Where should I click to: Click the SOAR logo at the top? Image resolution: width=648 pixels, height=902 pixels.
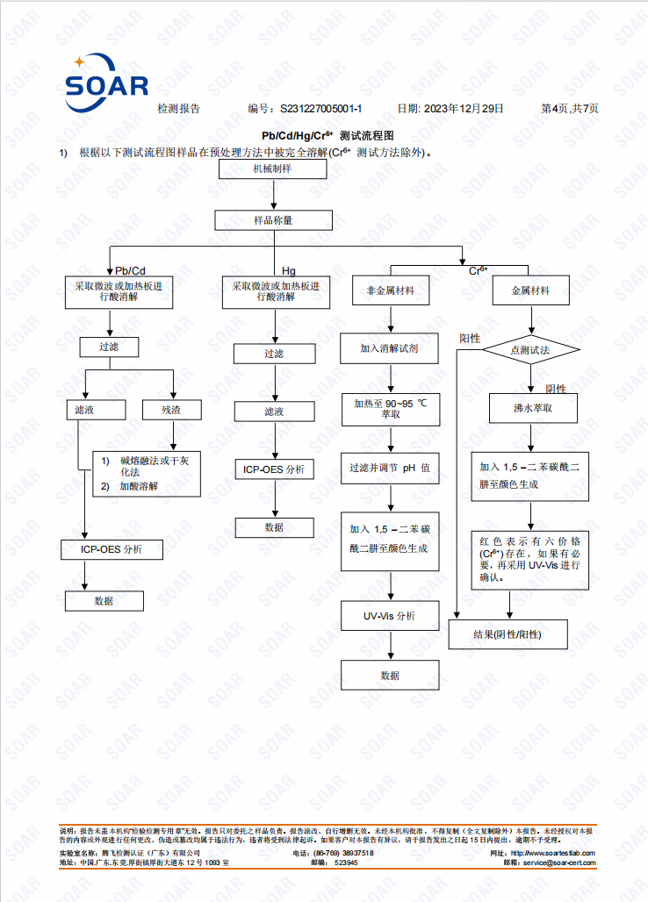click(x=106, y=83)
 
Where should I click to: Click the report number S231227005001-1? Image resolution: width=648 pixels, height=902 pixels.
click(x=320, y=109)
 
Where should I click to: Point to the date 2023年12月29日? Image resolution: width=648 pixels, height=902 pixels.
click(x=464, y=109)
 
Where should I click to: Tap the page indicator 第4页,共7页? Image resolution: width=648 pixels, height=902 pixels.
click(x=570, y=109)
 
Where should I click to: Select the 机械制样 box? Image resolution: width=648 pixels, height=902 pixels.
click(x=273, y=169)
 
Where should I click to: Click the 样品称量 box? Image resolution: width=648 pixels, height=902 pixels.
click(x=273, y=220)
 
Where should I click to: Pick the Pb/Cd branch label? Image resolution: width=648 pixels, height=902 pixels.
click(x=130, y=270)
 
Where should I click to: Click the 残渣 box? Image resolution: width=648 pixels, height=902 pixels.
click(x=171, y=410)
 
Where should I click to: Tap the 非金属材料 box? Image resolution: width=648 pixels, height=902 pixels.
click(x=391, y=290)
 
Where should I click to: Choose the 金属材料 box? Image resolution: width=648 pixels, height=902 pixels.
click(x=530, y=290)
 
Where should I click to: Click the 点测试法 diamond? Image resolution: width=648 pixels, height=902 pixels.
click(x=530, y=350)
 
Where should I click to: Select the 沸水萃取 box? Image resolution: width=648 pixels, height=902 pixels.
click(x=533, y=408)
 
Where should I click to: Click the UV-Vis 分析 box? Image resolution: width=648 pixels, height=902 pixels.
click(x=390, y=616)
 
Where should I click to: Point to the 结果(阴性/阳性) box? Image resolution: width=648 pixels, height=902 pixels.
click(x=508, y=634)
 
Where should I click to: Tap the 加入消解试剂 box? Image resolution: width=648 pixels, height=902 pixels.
click(x=389, y=348)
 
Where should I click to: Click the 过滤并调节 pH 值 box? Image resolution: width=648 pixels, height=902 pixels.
click(x=390, y=469)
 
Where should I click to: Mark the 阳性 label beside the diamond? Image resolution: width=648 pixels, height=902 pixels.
click(x=470, y=339)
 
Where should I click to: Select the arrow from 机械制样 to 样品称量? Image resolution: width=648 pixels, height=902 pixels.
click(x=274, y=195)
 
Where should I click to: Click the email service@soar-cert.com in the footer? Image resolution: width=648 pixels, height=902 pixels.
click(x=559, y=863)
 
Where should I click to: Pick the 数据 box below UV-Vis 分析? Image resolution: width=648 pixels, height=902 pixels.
click(x=390, y=676)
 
